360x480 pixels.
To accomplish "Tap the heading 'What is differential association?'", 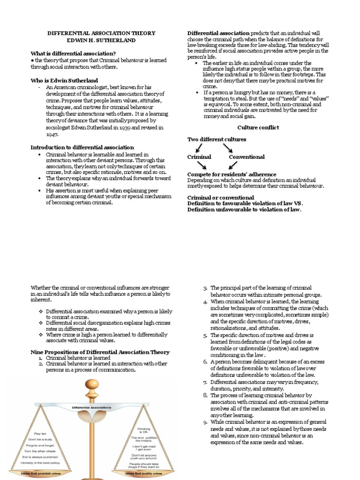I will [x=73, y=53].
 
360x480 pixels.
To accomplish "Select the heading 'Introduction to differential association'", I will [x=82, y=147].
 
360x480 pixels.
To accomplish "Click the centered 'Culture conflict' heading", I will [x=258, y=127].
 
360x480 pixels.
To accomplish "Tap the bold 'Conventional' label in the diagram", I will [x=247, y=157].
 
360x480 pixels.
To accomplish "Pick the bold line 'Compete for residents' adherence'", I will [x=232, y=174].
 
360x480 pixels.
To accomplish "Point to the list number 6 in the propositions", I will [x=205, y=362].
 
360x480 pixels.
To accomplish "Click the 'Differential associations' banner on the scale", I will [x=92, y=408].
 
